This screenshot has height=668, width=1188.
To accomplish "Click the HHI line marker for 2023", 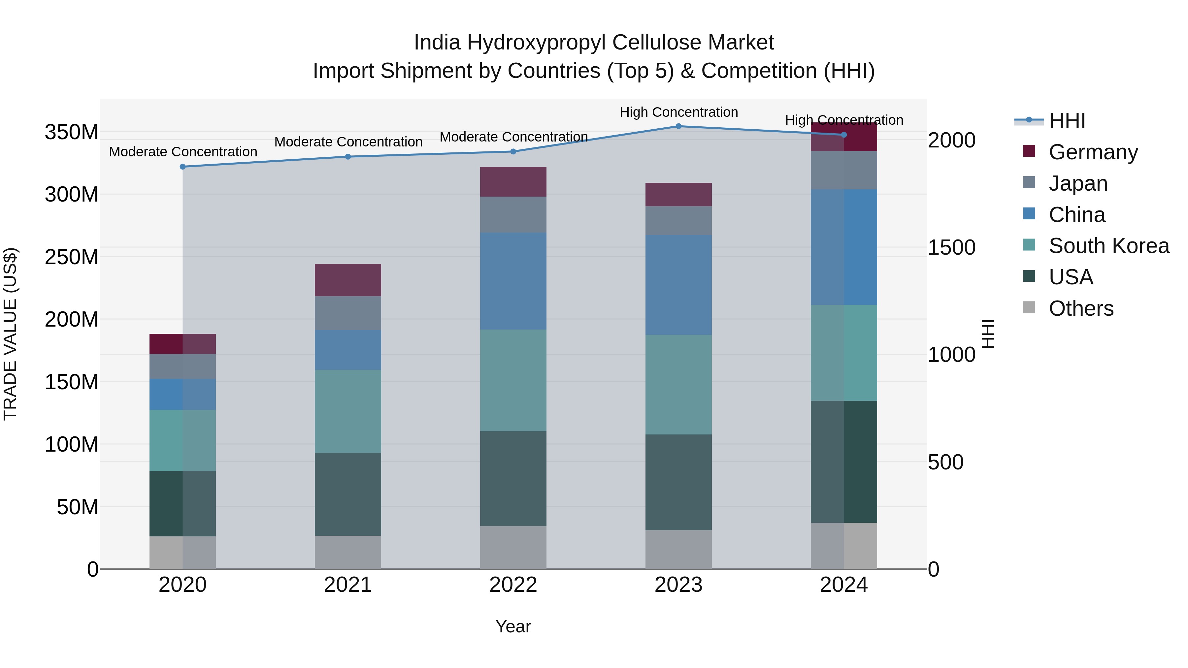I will (x=678, y=126).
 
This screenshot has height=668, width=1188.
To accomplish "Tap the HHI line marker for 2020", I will (x=182, y=167).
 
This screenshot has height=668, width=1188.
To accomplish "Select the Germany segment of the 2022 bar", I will (x=513, y=182).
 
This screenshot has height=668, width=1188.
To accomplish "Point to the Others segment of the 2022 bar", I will (x=513, y=547).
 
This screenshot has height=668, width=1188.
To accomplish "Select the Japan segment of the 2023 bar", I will (x=678, y=220).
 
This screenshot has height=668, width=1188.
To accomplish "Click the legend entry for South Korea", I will (x=1109, y=246).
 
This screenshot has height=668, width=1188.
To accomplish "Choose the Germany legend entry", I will (x=1093, y=152).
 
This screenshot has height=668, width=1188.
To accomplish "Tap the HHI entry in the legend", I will (x=1067, y=121).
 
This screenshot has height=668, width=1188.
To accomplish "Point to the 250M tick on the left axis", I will (x=72, y=257).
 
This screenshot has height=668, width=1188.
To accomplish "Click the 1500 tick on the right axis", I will (x=951, y=247).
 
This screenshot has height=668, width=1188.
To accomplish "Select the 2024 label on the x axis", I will (x=843, y=585).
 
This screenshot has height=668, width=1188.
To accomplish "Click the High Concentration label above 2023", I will (x=678, y=112).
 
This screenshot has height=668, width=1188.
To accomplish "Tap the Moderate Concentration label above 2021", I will (x=348, y=142).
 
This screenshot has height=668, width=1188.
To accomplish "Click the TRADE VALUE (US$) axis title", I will (x=10, y=334).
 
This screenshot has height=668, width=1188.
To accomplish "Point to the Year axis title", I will (x=513, y=626).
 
